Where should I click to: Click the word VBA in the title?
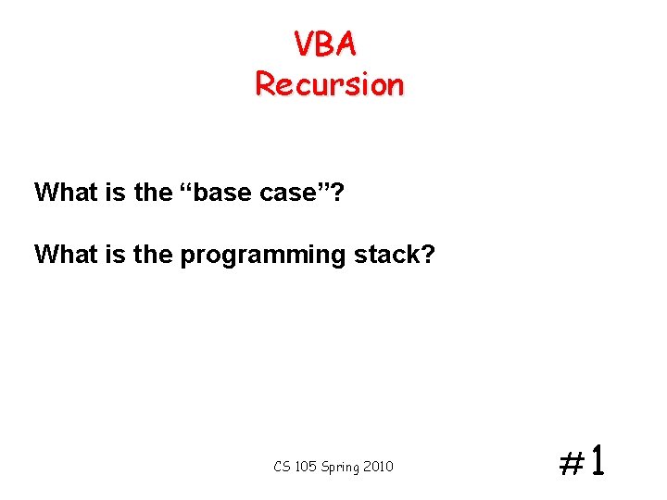pos(325,44)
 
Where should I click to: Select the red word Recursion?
pos(329,84)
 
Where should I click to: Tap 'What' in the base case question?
pos(61,193)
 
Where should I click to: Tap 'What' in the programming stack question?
pos(61,254)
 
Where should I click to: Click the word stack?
pos(387,254)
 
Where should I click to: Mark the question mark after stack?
pos(427,254)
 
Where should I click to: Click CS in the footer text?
pos(282,467)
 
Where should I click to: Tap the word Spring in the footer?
pos(340,468)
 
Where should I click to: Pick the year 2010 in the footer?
pos(379,467)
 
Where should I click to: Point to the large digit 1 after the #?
pos(598,459)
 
